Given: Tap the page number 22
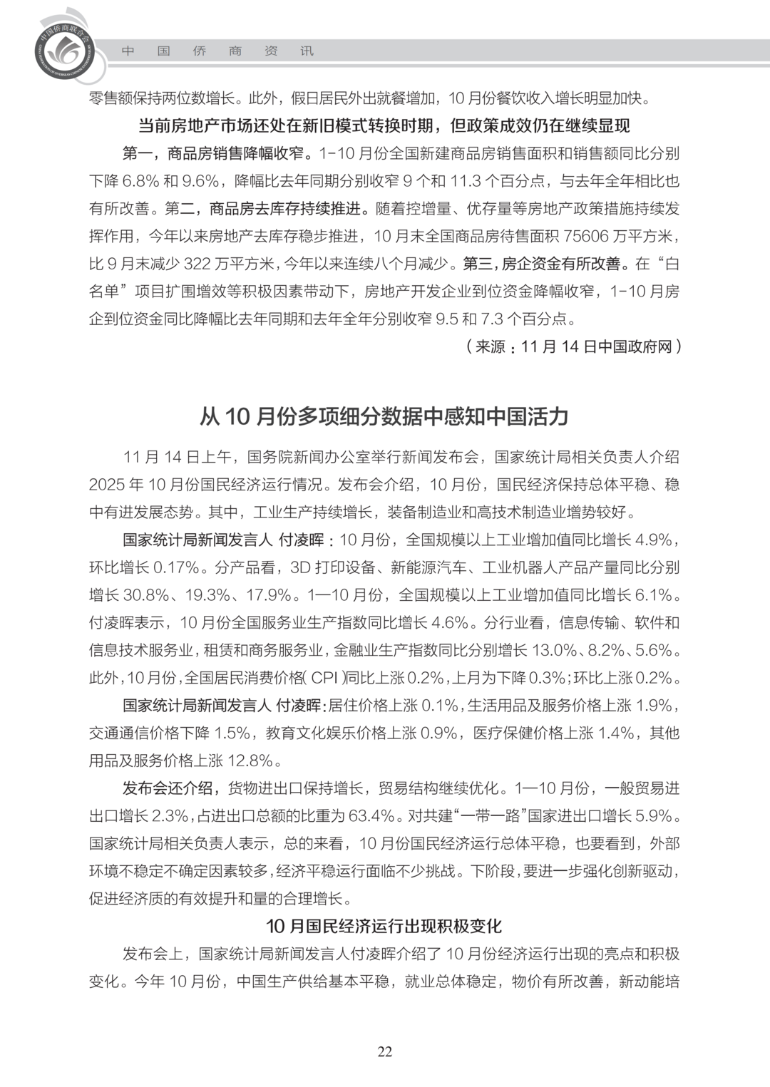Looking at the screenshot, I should pos(384,1051).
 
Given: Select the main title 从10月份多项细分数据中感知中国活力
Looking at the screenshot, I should pos(384,416).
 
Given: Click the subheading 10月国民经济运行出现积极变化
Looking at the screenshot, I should pos(384,926).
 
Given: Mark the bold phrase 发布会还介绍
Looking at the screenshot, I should pos(168,788).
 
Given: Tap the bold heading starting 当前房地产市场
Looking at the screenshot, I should pos(384,126).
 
